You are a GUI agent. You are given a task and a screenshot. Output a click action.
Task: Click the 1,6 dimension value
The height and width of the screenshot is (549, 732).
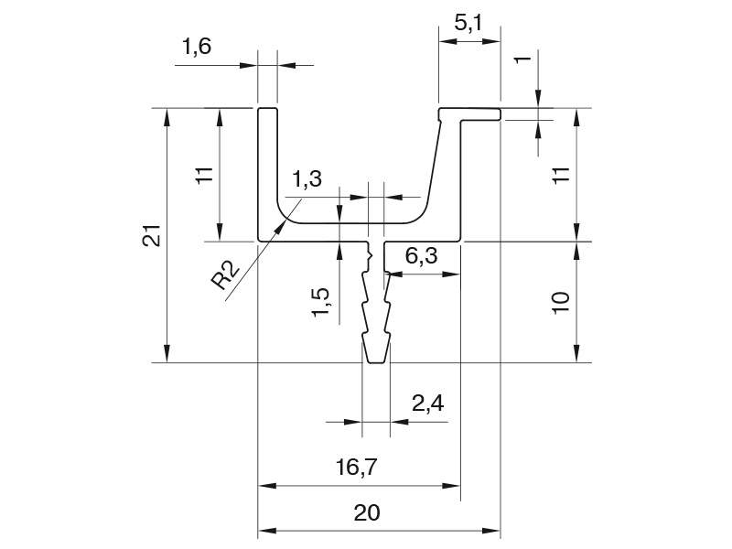[x=196, y=47]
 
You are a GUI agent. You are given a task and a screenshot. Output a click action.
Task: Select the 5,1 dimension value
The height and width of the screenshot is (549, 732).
[x=469, y=23]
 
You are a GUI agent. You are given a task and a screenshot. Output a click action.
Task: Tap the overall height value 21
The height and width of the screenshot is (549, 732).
[x=152, y=235]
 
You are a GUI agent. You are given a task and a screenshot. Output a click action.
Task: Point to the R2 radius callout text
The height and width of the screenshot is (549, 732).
[x=225, y=275]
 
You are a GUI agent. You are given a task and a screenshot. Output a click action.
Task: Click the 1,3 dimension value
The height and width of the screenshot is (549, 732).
[x=307, y=178]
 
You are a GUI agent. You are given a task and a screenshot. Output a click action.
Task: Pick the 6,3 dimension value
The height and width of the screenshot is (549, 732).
[x=421, y=256]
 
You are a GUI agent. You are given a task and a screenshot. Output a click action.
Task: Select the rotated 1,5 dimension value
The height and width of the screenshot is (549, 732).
[x=321, y=303]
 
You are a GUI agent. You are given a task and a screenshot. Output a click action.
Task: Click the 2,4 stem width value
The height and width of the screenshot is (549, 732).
[x=427, y=403]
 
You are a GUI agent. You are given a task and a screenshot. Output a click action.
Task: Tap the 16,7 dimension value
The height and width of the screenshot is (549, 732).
[x=356, y=467]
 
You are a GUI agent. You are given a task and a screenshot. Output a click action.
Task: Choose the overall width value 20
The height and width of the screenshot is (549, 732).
[x=367, y=512]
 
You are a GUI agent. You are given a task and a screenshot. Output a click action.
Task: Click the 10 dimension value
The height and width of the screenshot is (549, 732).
[x=560, y=303]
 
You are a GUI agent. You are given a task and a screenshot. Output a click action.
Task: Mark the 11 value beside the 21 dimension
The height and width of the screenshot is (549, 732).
[x=204, y=175]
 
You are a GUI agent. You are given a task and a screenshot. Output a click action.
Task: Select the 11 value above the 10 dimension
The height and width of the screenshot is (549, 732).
[x=561, y=175]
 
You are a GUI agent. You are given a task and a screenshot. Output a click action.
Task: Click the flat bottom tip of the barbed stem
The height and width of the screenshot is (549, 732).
[x=376, y=362]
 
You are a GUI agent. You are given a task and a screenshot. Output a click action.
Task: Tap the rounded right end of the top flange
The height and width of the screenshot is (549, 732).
[x=500, y=114]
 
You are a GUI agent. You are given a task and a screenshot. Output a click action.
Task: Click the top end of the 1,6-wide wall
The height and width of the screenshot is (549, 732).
[x=268, y=108]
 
